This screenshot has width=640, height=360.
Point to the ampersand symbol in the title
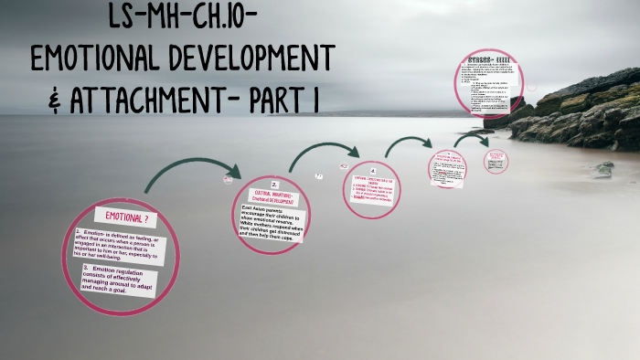(x=54, y=98)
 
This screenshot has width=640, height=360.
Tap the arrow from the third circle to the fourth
(x=408, y=143)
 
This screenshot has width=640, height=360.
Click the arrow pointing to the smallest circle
(x=471, y=139)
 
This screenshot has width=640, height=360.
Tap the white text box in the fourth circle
(x=447, y=169)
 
